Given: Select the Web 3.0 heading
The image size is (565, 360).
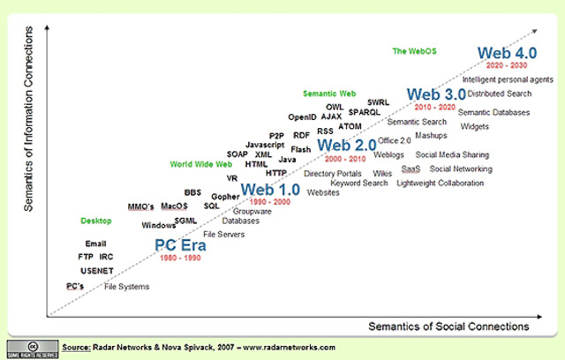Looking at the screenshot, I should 435,94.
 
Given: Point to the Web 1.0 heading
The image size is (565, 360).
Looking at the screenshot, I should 270,189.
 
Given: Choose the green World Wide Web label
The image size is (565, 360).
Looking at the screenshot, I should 201,164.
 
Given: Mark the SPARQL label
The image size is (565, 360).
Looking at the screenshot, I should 365,113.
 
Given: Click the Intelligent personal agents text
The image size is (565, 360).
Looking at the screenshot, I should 508,79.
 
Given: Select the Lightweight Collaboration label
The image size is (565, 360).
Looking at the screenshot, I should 441,183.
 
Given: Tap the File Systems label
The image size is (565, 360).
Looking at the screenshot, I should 127,287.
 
